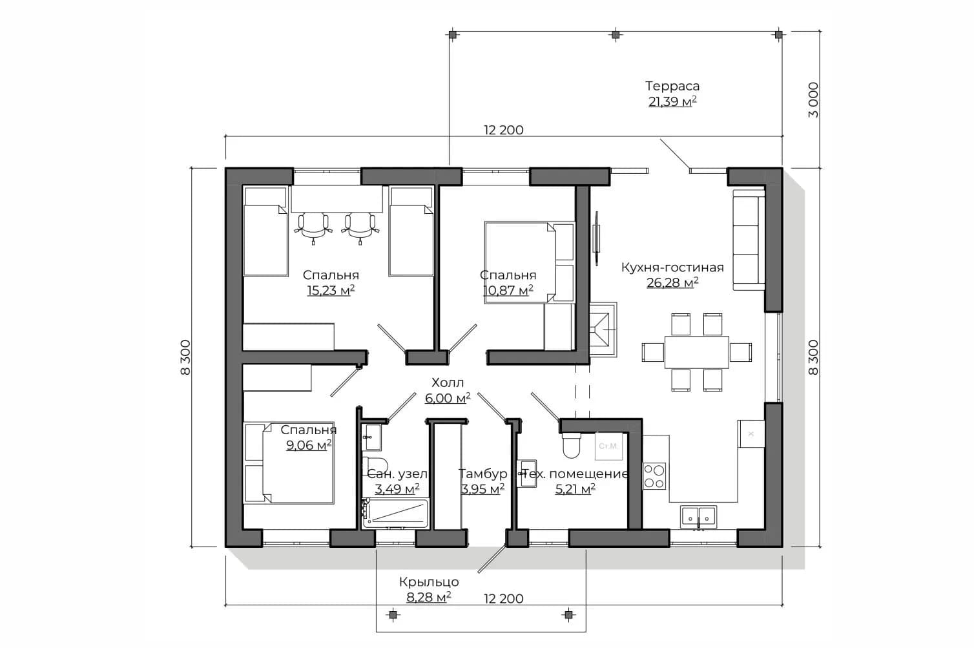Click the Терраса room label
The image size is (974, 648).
click(672, 86)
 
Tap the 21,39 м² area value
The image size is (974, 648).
click(672, 102)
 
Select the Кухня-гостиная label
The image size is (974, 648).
click(672, 267)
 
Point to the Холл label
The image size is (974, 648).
click(448, 382)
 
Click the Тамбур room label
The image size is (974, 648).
click(482, 474)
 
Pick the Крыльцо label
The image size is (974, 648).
click(429, 582)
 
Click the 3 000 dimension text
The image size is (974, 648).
click(813, 100)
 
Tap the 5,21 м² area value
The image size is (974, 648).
click(575, 489)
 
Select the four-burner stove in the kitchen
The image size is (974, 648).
click(654, 476)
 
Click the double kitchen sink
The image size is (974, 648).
click(698, 517)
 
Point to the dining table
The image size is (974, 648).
click(696, 352)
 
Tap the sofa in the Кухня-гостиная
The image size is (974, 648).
click(749, 240)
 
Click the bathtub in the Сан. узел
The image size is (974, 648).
click(395, 514)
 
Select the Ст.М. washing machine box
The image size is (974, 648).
click(608, 446)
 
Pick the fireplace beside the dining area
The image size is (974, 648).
click(603, 330)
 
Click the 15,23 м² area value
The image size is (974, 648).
click(331, 291)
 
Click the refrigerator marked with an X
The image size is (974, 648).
click(751, 434)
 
